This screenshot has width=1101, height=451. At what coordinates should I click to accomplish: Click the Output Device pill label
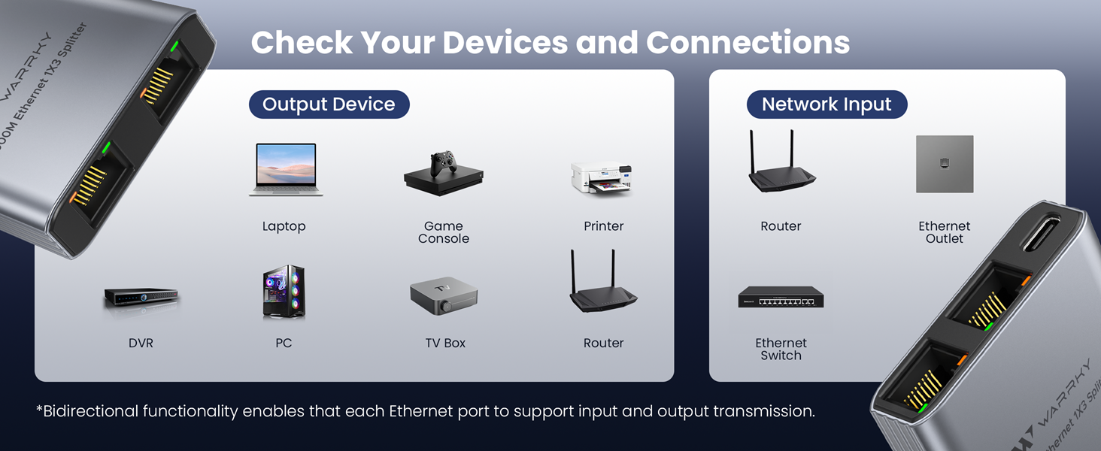[x=329, y=104]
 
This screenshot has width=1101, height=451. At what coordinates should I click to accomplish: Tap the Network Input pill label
[x=827, y=104]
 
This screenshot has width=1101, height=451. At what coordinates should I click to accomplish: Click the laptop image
[x=285, y=170]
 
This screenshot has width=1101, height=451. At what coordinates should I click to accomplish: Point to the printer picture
[x=602, y=179]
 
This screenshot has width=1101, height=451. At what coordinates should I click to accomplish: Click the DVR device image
[x=141, y=297]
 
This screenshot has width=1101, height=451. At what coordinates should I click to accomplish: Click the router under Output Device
[x=603, y=282]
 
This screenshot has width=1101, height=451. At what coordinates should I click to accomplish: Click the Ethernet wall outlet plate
[x=945, y=164]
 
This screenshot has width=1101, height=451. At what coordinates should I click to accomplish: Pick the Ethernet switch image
[x=781, y=298]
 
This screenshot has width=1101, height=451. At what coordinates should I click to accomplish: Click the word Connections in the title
[x=748, y=43]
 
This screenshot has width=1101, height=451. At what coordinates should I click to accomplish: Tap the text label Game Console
[x=444, y=232]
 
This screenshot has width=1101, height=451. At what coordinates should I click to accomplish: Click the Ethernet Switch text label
[x=781, y=349]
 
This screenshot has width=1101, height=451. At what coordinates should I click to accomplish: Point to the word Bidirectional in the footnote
[x=91, y=411]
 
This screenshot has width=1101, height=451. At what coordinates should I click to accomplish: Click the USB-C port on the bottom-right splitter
[x=1044, y=235]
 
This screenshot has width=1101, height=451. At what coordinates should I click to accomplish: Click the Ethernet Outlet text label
[x=945, y=232]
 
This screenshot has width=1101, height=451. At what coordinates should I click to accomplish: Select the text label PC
[x=284, y=343]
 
